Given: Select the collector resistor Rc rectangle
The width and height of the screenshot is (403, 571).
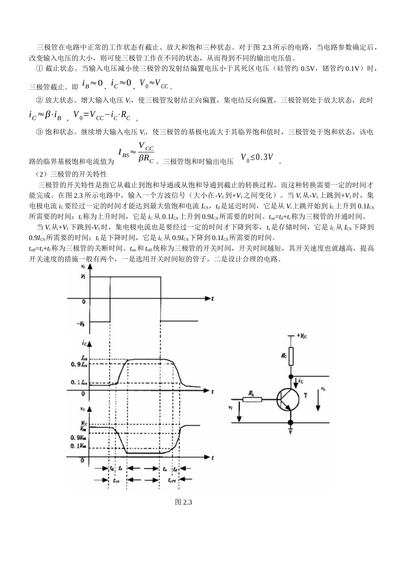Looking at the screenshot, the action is (x=291, y=358).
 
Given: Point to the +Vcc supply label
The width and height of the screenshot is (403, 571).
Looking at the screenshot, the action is (x=302, y=336).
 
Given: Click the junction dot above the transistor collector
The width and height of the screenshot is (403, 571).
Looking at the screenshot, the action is (x=291, y=376).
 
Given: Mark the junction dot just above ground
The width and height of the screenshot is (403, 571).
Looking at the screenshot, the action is (x=291, y=422).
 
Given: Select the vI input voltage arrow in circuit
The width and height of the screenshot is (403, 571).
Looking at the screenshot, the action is (x=239, y=411).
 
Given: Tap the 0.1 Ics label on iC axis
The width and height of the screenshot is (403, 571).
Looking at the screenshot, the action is (x=79, y=383).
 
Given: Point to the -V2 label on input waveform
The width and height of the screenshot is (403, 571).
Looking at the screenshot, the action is (x=81, y=324).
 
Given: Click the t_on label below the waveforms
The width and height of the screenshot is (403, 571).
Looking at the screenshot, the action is (x=116, y=481).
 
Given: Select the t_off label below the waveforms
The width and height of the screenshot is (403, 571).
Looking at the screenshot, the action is (x=171, y=481).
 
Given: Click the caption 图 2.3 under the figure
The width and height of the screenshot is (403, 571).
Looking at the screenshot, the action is (x=184, y=502).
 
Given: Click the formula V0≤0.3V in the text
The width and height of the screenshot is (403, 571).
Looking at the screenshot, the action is (x=257, y=158).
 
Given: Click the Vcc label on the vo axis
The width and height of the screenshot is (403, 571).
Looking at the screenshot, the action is (x=84, y=423).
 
